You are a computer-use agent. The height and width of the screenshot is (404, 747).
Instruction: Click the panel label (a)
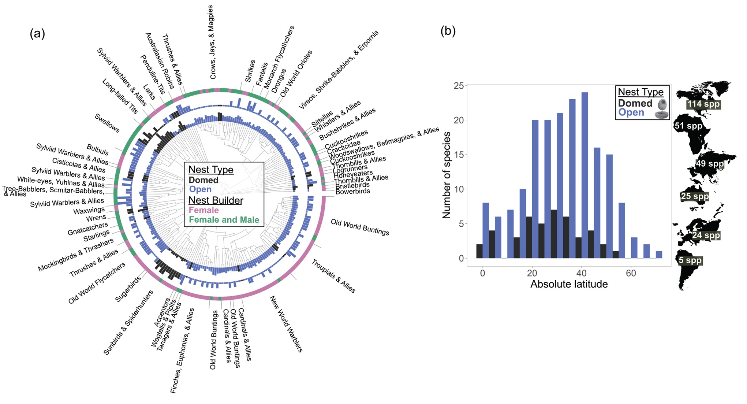tap(37, 34)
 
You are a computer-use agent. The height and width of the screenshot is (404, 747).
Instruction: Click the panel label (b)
tap(448, 31)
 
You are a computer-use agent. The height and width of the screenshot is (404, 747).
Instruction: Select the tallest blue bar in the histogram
tap(584, 175)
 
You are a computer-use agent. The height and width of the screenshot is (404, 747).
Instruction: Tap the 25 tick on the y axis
tap(459, 86)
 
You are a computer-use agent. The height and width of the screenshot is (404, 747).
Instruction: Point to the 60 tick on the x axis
tap(631, 273)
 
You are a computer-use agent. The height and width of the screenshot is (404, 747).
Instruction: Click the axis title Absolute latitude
tap(569, 284)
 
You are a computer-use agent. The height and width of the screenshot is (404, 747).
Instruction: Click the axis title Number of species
tap(446, 175)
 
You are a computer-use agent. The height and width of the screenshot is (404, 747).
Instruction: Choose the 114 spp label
tap(703, 104)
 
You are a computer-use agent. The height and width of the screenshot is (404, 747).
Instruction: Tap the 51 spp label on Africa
tap(688, 126)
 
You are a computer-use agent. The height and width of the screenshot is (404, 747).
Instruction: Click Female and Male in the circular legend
tap(224, 220)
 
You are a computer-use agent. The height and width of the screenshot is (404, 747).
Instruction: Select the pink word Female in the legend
tap(203, 210)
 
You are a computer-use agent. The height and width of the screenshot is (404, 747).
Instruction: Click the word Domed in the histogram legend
tap(635, 103)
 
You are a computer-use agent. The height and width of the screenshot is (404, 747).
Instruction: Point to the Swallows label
tap(107, 123)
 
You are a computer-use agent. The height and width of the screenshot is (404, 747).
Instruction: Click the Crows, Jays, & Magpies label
tap(212, 42)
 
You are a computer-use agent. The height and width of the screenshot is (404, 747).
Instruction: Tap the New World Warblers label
tap(286, 324)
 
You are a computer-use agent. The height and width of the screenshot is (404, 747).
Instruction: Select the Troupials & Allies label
tap(333, 276)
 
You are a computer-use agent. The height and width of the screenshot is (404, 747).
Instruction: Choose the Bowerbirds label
tap(352, 191)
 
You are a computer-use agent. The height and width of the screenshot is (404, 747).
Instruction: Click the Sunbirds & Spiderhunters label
tap(128, 322)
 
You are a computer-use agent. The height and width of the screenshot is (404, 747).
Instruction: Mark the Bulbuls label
tap(97, 149)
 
